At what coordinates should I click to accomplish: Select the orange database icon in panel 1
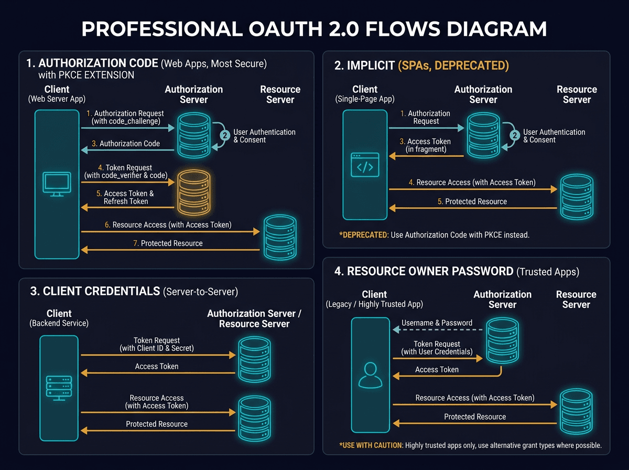coord(193,193)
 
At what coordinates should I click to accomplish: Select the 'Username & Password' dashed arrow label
coord(437,323)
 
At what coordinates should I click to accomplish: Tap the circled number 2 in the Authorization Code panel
coord(225,135)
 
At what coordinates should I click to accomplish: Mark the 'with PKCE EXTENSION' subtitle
coord(82,75)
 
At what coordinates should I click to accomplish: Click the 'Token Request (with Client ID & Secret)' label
coord(157,345)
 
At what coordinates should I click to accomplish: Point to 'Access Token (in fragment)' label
coord(426,145)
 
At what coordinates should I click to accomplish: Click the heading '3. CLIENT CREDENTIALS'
coord(95,292)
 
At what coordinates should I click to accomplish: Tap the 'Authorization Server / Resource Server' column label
coord(254,318)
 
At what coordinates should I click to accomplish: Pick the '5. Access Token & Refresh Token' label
coord(126,197)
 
